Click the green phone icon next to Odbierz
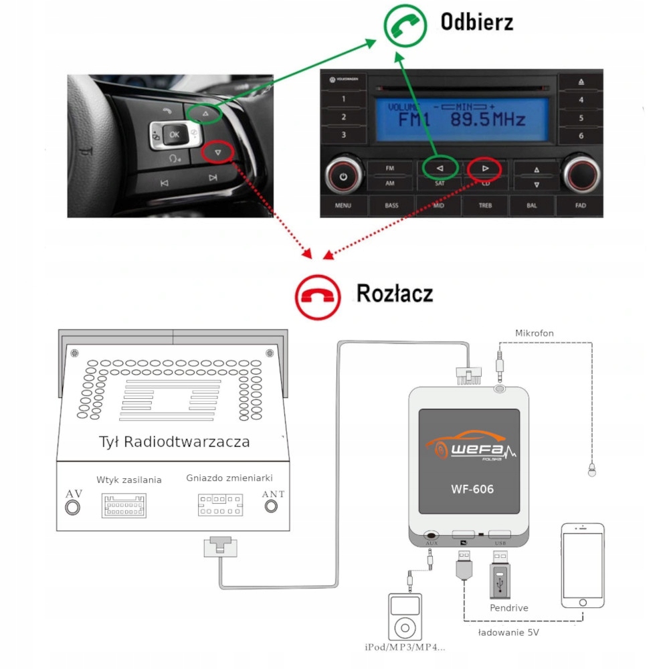(405, 24)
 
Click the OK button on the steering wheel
(174, 134)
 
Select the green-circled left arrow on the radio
(440, 169)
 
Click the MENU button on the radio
(343, 205)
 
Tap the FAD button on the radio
(580, 205)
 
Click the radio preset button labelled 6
(581, 135)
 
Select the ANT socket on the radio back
(271, 506)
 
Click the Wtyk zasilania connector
(124, 506)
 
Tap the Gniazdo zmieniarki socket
(220, 505)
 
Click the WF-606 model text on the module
(472, 489)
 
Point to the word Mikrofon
(535, 332)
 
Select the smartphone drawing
(583, 566)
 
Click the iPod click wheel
(405, 628)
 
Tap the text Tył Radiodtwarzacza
(173, 442)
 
